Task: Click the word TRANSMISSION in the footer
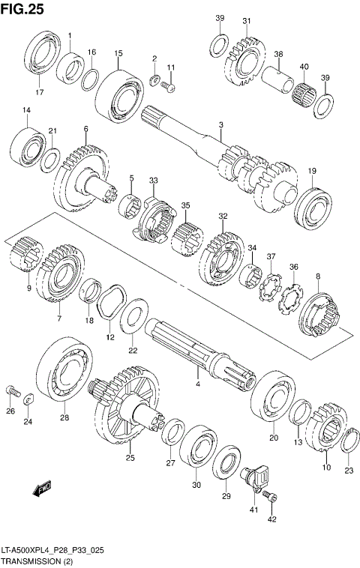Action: [33, 561]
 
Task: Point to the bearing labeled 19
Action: [311, 203]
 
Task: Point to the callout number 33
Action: [153, 181]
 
